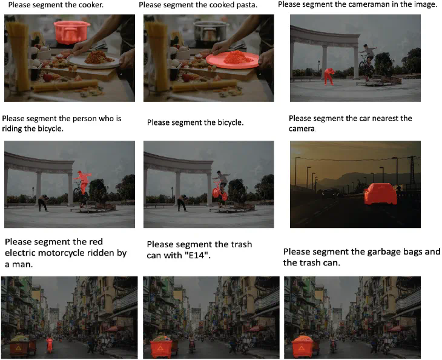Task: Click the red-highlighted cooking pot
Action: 71,32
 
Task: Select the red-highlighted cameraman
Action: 329,76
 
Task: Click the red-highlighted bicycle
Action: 219,190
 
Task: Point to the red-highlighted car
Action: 380,194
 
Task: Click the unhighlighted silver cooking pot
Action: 211,32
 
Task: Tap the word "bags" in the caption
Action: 410,252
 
